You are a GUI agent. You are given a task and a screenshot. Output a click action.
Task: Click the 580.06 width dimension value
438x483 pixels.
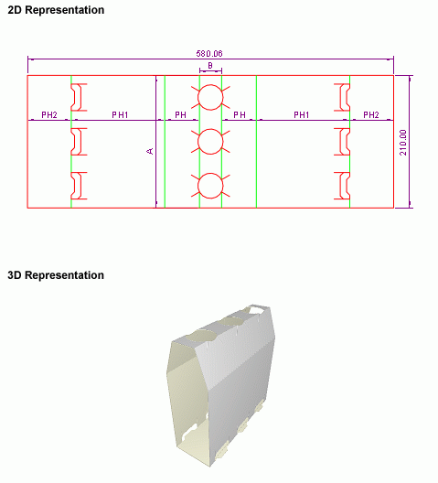point(209,54)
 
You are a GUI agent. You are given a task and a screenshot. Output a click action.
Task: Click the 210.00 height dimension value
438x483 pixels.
point(403,143)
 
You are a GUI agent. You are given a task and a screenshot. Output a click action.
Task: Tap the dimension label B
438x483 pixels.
point(210,65)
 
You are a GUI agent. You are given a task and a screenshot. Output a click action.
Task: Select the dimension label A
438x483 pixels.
point(150,151)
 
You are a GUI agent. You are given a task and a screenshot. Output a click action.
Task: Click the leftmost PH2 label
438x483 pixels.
point(49,115)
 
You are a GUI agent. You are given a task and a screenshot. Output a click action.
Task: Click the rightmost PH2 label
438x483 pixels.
point(371,115)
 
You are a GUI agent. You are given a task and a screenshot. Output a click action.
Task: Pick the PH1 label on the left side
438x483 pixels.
point(120,115)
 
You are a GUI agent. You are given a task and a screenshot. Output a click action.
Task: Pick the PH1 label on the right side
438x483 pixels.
point(301,115)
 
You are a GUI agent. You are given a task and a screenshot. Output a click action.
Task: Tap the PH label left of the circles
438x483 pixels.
point(180,115)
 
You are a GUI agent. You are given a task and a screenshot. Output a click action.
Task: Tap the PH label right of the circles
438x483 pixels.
point(240,115)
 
